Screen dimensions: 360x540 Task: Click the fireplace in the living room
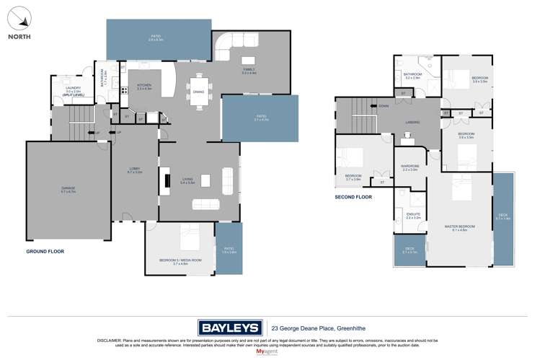pyautogui.click(x=167, y=181)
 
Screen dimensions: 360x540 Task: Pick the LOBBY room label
pyautogui.click(x=134, y=170)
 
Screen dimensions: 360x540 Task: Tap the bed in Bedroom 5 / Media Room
pyautogui.click(x=189, y=237)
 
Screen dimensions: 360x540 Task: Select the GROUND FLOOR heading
pyautogui.click(x=45, y=252)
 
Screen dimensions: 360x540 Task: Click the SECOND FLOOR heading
pyautogui.click(x=353, y=197)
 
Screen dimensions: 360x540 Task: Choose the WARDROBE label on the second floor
pyautogui.click(x=410, y=167)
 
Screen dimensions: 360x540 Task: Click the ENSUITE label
pyautogui.click(x=412, y=214)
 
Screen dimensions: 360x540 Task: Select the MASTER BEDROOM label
pyautogui.click(x=460, y=227)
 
